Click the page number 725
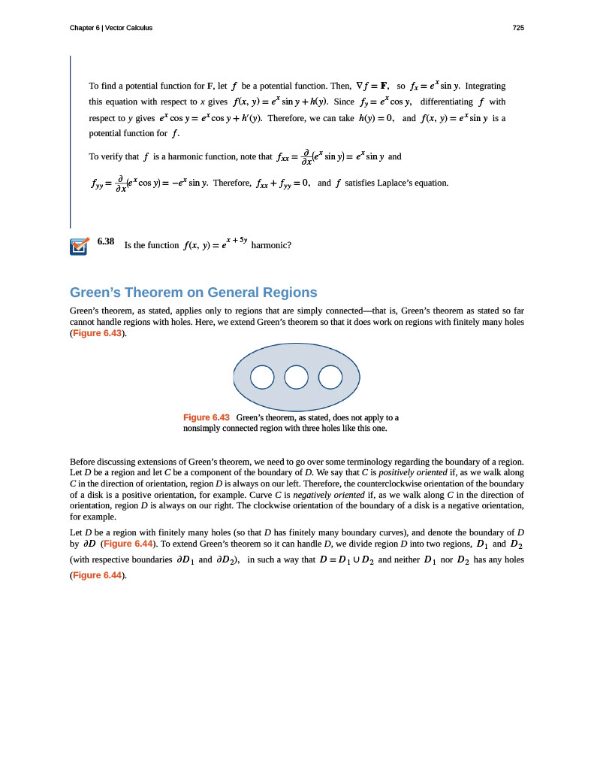point(518,28)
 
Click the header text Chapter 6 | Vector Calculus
point(111,28)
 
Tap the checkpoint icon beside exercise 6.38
point(79,246)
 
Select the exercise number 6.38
point(106,241)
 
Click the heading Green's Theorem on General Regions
point(193,293)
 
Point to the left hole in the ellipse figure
point(262,377)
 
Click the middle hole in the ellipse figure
point(297,377)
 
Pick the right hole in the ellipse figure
point(330,377)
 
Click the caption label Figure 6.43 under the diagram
point(206,417)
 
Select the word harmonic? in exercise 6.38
point(270,245)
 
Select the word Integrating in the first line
point(485,86)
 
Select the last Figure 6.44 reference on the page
point(96,575)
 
